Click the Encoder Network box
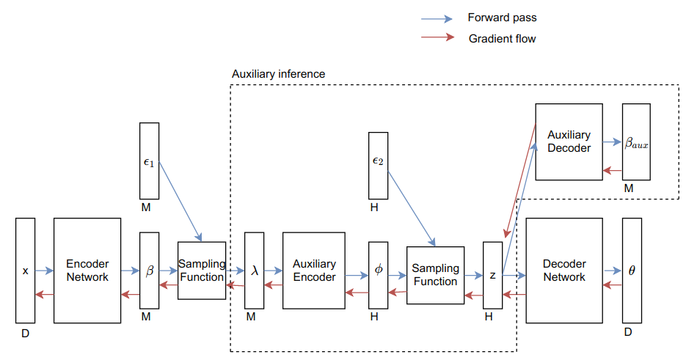coord(87,271)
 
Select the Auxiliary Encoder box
coord(314,271)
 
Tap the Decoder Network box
coord(564,271)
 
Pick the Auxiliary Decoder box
coord(569,142)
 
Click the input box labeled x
coord(25,271)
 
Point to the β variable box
coord(149,271)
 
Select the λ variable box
coord(254,271)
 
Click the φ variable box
coord(378,275)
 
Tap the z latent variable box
coord(492,275)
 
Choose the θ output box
coord(632,271)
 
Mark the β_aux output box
coord(636,142)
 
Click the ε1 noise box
coord(149,161)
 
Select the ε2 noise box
coord(378,166)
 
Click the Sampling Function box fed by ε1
coord(202,271)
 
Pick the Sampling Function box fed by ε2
coord(435,275)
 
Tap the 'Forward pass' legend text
coord(502,18)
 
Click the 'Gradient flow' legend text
coord(502,39)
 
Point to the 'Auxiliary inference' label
coord(278,74)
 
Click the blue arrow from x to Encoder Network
coord(44,271)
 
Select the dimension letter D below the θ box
coord(628,332)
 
